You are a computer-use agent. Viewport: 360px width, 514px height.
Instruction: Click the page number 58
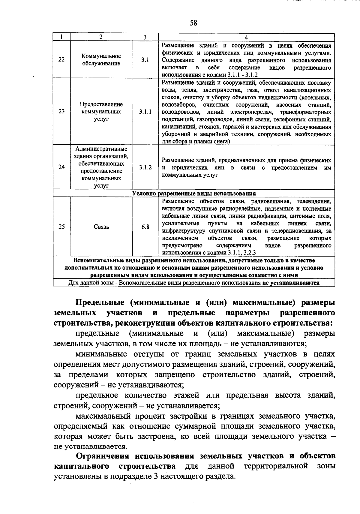pyautogui.click(x=193, y=23)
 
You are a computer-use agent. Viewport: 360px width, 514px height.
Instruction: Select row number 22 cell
pyautogui.click(x=61, y=60)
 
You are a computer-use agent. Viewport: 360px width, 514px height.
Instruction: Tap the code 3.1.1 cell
pyautogui.click(x=145, y=112)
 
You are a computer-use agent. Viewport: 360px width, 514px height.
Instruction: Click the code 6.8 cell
pyautogui.click(x=145, y=227)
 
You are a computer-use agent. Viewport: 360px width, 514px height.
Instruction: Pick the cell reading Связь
pyautogui.click(x=101, y=227)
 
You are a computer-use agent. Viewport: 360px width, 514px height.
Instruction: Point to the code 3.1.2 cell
pyautogui.click(x=145, y=167)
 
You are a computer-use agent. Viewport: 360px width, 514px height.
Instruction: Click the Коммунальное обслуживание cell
pyautogui.click(x=101, y=60)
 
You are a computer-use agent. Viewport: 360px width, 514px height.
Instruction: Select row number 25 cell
pyautogui.click(x=61, y=227)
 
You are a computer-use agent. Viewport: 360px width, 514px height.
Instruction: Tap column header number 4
pyautogui.click(x=246, y=37)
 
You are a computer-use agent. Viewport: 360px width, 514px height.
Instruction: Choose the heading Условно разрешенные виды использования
pyautogui.click(x=194, y=194)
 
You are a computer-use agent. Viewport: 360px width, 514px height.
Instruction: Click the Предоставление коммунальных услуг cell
pyautogui.click(x=101, y=112)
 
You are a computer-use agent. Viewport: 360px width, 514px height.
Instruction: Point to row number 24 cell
pyautogui.click(x=61, y=167)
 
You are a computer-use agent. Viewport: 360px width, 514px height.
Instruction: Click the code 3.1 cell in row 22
pyautogui.click(x=145, y=60)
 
